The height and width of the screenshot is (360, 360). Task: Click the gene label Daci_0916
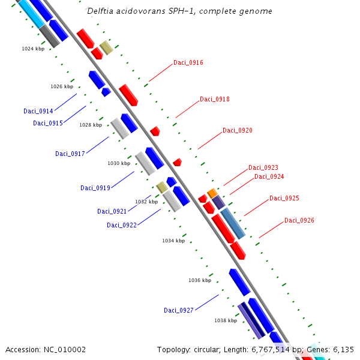pyautogui.click(x=188, y=62)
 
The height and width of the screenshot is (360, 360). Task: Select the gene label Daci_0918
pyautogui.click(x=214, y=99)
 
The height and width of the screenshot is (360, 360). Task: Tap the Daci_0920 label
pyautogui.click(x=237, y=130)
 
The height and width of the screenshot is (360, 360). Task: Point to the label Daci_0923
pyautogui.click(x=263, y=167)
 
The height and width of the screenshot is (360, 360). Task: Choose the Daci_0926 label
pyautogui.click(x=299, y=220)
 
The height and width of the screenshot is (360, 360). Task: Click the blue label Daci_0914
pyautogui.click(x=38, y=111)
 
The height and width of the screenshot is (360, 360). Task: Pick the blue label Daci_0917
pyautogui.click(x=70, y=154)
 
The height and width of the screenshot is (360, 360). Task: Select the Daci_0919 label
pyautogui.click(x=95, y=188)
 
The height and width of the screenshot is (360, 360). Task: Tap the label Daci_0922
pyautogui.click(x=121, y=225)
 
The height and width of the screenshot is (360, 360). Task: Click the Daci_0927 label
pyautogui.click(x=178, y=310)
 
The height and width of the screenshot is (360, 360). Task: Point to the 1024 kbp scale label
pyautogui.click(x=32, y=49)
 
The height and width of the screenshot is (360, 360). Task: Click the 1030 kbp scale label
pyautogui.click(x=118, y=163)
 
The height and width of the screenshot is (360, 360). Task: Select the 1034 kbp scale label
pyautogui.click(x=173, y=241)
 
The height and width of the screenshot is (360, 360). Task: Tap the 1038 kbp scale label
pyautogui.click(x=225, y=320)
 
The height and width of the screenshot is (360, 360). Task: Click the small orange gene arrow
pyautogui.click(x=212, y=193)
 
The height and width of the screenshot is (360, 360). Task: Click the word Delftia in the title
pyautogui.click(x=99, y=11)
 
